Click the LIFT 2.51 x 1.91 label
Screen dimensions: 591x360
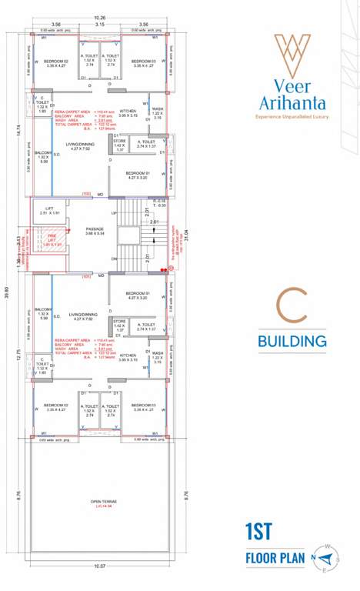coord(49,210)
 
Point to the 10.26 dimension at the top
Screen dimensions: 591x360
coord(99,18)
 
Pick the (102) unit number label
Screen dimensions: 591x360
coord(86,194)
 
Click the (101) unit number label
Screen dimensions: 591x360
coord(86,275)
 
